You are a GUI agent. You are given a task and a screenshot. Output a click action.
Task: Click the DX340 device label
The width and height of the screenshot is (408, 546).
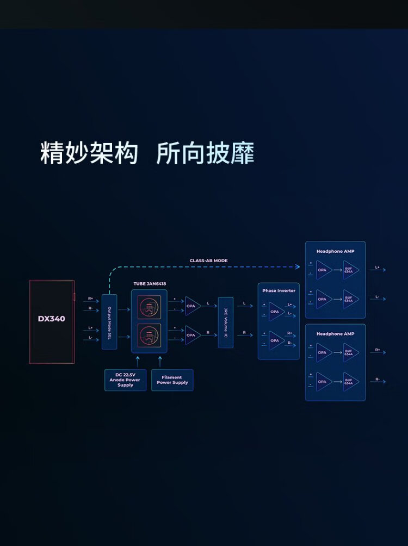pyautogui.click(x=51, y=319)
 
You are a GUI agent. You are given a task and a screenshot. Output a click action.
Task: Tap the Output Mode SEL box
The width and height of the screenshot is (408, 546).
pyautogui.click(x=109, y=322)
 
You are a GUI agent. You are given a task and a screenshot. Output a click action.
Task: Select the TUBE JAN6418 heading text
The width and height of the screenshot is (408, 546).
pyautogui.click(x=149, y=284)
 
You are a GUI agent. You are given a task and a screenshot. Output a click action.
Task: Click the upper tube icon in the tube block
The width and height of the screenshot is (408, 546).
pyautogui.click(x=149, y=306)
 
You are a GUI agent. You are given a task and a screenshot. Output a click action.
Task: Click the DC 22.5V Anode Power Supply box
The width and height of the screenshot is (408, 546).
pyautogui.click(x=125, y=380)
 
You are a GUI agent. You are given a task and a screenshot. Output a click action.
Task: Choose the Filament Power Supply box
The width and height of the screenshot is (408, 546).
pyautogui.click(x=172, y=380)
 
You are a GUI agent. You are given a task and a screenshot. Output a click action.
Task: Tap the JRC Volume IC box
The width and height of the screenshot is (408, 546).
pyautogui.click(x=225, y=322)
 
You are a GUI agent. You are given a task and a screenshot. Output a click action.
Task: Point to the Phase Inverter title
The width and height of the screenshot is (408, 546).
pyautogui.click(x=279, y=290)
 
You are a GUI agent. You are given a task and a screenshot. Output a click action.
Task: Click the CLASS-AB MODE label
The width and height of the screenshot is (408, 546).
pyautogui.click(x=208, y=260)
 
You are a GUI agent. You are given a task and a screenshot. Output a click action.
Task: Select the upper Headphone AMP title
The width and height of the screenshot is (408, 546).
pyautogui.click(x=335, y=251)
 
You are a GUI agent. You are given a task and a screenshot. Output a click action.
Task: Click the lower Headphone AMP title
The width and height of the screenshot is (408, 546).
pyautogui.click(x=335, y=334)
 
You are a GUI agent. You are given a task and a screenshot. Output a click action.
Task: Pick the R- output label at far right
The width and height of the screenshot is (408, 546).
pyautogui.click(x=378, y=380)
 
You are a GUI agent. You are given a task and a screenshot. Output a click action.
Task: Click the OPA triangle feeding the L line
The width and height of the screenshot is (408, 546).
pyautogui.click(x=192, y=306)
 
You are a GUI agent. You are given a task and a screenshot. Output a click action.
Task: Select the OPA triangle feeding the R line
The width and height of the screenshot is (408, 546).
pyautogui.click(x=192, y=335)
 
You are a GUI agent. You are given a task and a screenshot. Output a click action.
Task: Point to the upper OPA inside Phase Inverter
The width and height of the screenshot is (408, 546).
pyautogui.click(x=276, y=312)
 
